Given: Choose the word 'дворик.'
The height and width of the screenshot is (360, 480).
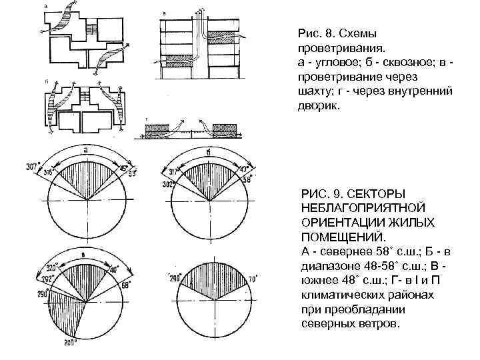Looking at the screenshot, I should pos(316,106).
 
